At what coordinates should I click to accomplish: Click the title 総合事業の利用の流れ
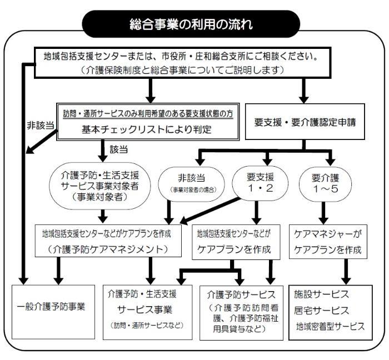point(194,24)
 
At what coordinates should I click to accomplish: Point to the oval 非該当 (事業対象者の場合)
point(191,184)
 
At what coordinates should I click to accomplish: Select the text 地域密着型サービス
point(330,326)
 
